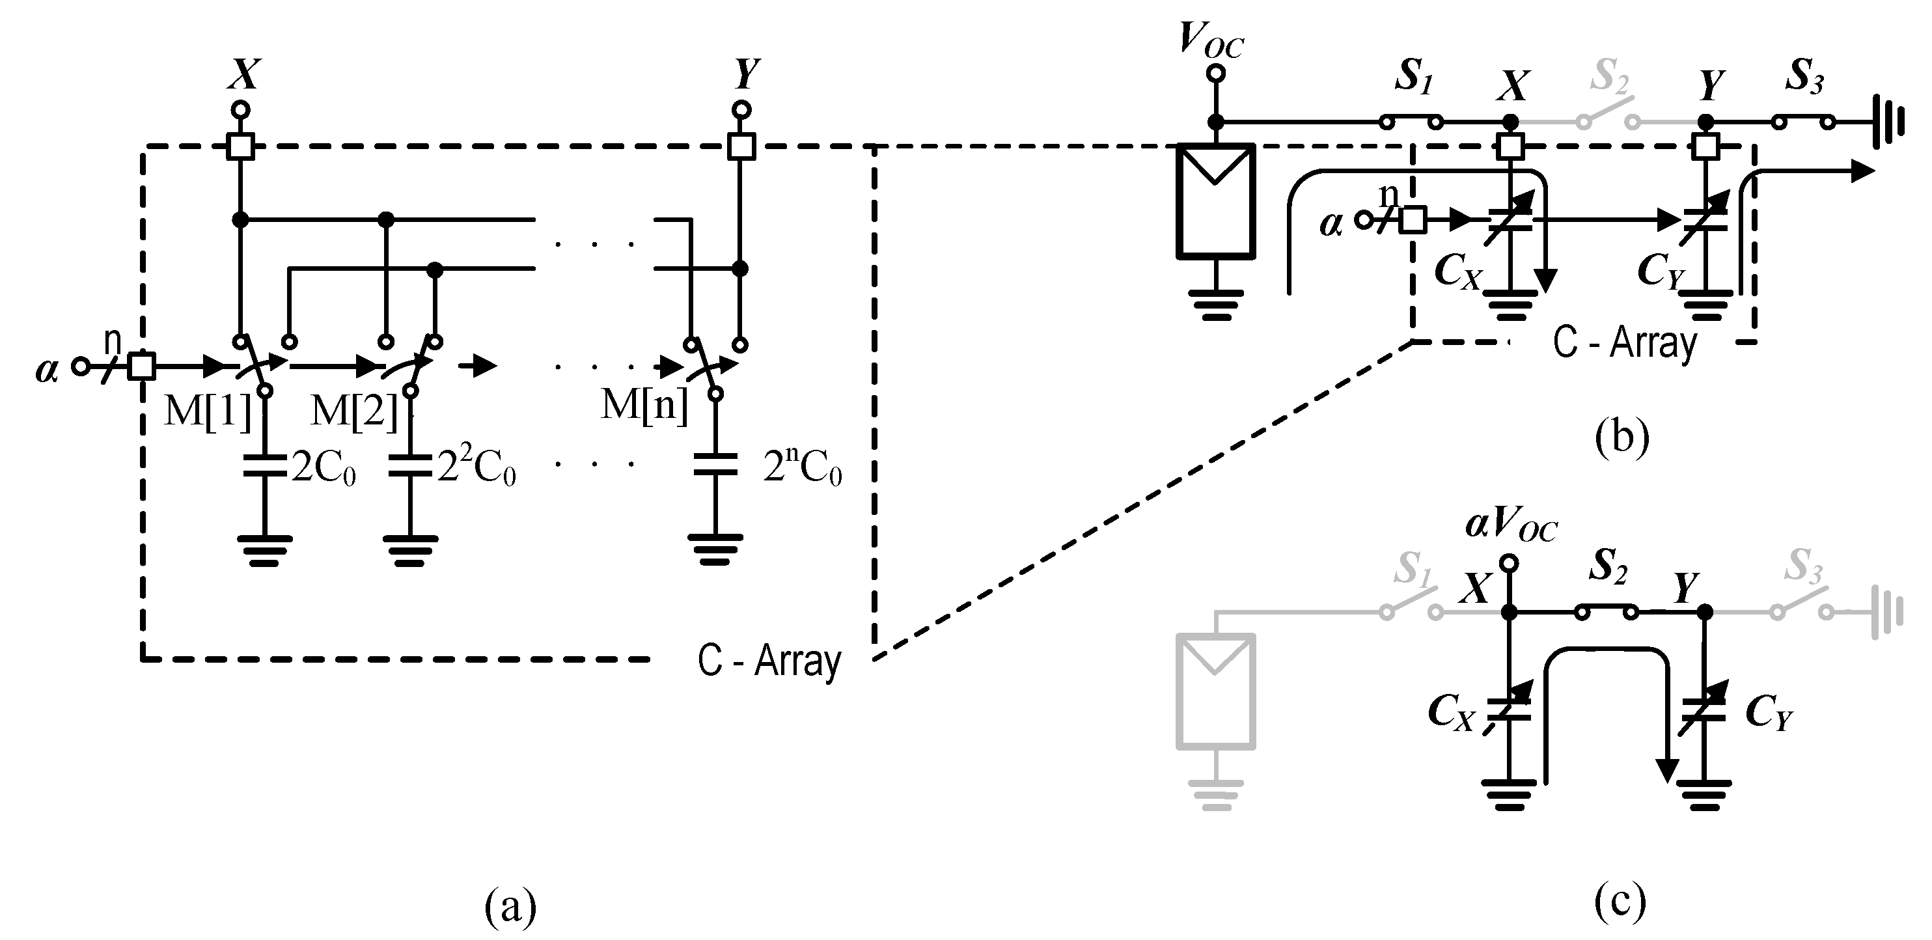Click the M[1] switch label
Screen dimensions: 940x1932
click(207, 411)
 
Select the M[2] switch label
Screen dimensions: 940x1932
click(354, 411)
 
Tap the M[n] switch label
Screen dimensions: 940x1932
click(644, 405)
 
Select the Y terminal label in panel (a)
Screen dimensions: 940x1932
click(746, 74)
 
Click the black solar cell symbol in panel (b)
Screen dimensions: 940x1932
click(1215, 201)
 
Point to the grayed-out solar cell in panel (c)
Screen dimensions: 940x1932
click(1215, 691)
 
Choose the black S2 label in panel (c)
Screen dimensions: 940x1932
click(1608, 566)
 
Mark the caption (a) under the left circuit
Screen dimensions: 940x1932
click(510, 906)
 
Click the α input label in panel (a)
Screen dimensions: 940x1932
click(46, 370)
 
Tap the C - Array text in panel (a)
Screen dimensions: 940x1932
click(769, 661)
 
